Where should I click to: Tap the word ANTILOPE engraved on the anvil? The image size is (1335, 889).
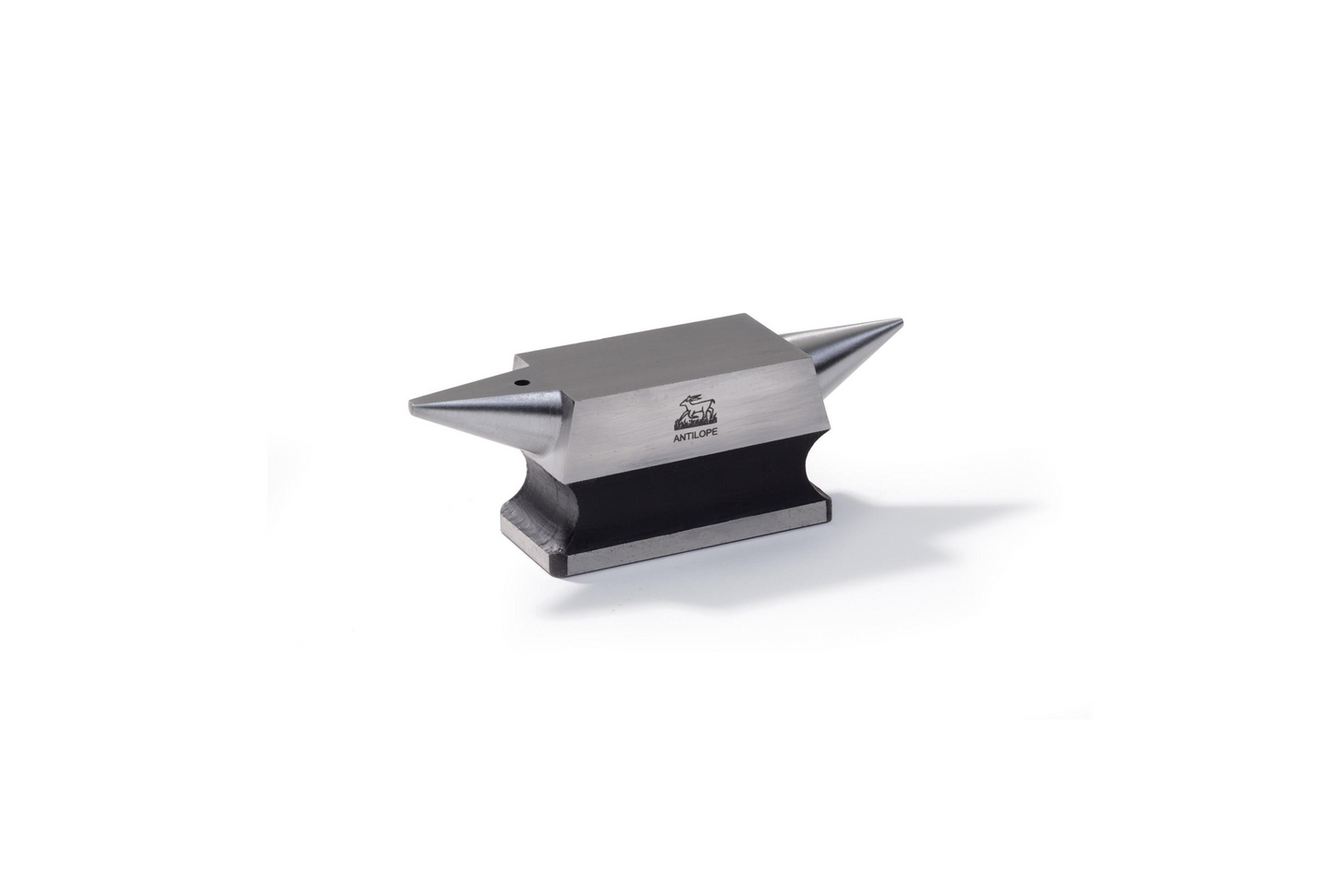pyautogui.click(x=695, y=436)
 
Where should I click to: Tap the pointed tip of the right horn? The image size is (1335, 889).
pyautogui.click(x=900, y=323)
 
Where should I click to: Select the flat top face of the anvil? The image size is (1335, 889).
pyautogui.click(x=656, y=362)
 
